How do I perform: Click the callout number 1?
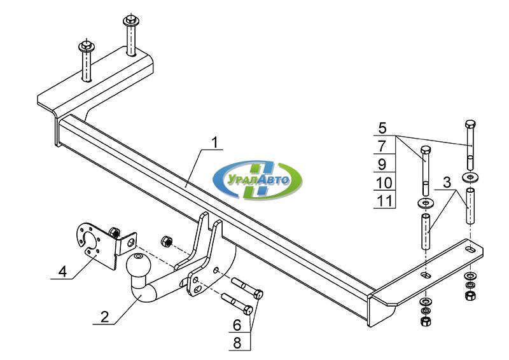(214, 142)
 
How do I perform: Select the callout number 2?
(104, 317)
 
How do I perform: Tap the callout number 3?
(447, 183)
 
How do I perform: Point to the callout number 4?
(62, 272)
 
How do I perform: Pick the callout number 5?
(383, 128)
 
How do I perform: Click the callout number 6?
(237, 324)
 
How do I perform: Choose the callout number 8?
(237, 343)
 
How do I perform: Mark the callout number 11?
(384, 201)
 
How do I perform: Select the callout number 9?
(382, 164)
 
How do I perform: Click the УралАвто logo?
(257, 180)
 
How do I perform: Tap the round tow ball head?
(139, 265)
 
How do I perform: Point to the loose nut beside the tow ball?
(166, 241)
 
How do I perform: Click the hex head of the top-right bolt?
(470, 124)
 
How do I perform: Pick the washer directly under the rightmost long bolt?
(470, 177)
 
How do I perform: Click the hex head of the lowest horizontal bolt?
(248, 310)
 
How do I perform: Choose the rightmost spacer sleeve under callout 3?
(471, 205)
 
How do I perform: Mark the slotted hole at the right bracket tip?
(470, 249)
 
